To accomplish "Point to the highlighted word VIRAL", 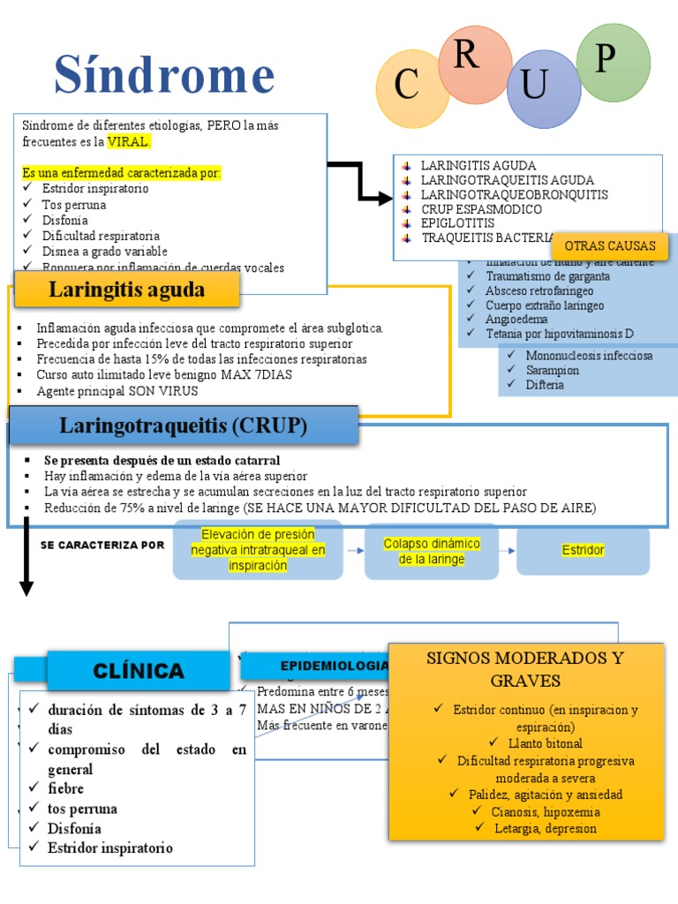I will click(129, 141).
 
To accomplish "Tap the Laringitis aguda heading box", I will click(126, 290).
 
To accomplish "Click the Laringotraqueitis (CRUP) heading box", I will click(183, 426).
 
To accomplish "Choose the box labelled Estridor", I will click(583, 550).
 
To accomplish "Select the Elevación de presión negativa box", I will click(258, 550).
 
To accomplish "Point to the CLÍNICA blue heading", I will click(139, 671).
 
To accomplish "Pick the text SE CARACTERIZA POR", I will click(102, 545).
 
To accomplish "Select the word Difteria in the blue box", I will click(545, 385).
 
